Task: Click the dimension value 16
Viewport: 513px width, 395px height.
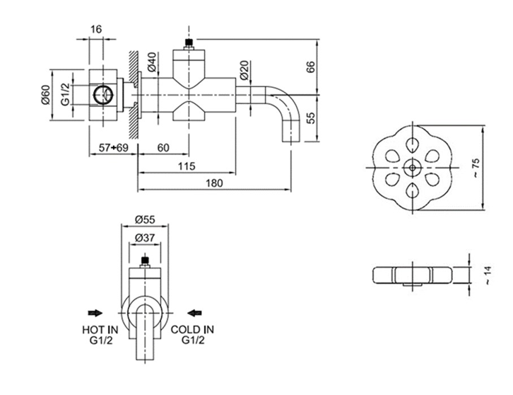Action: click(x=96, y=29)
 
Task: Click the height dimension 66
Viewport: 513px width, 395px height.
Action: click(x=309, y=67)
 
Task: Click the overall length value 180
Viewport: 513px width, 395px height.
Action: click(x=214, y=183)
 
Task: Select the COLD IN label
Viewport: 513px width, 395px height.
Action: click(x=193, y=329)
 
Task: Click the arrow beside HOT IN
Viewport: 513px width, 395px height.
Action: click(x=95, y=311)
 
